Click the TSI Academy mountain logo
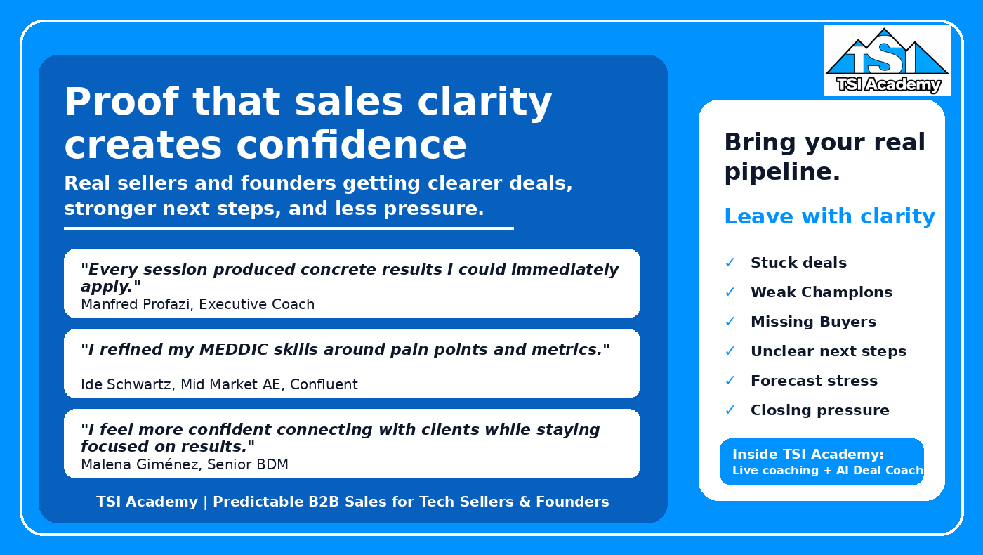tap(887, 60)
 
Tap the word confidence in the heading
tap(351, 145)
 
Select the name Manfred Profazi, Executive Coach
tap(197, 303)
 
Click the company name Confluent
tap(324, 384)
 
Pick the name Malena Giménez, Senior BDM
tap(185, 464)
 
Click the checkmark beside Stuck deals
tap(730, 263)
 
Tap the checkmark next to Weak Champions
tap(730, 292)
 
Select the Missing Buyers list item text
tap(813, 322)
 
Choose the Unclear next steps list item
tap(829, 351)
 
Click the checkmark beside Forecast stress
tap(730, 380)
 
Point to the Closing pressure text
tap(820, 410)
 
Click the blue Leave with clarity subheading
tap(830, 216)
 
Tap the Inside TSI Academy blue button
tap(822, 462)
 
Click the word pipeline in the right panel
tap(782, 171)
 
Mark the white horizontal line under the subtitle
tap(289, 228)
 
